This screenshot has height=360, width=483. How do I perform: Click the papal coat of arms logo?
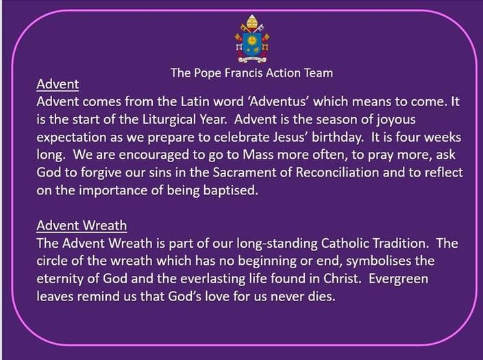[252, 39]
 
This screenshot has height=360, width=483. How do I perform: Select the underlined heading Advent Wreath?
[82, 226]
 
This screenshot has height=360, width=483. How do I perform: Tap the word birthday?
[338, 138]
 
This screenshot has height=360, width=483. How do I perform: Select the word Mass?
[258, 155]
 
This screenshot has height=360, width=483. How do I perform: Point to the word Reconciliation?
[337, 172]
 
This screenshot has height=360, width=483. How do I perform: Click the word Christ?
[342, 279]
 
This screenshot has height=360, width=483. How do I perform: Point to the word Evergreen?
[399, 279]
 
